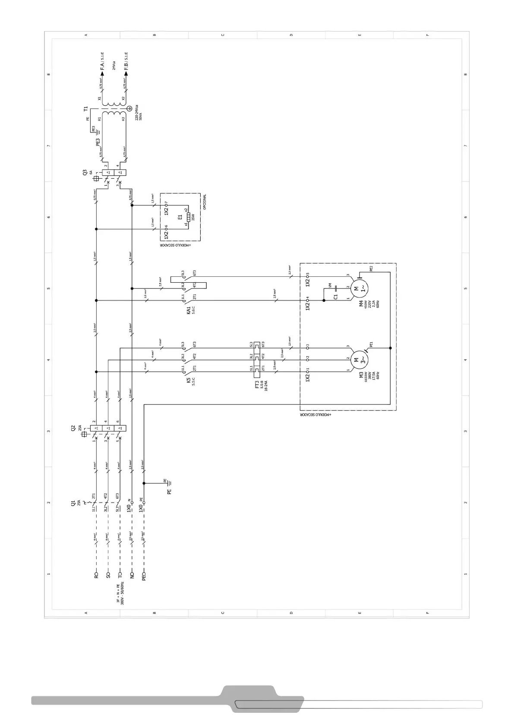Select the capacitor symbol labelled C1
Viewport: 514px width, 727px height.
336,287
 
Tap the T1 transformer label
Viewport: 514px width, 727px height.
85,109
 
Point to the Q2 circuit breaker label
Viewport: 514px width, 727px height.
73,428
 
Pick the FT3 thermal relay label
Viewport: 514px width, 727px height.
257,384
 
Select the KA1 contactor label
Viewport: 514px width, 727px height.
189,310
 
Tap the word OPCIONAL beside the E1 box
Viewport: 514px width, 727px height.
205,202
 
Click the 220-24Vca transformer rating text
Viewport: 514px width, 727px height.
136,112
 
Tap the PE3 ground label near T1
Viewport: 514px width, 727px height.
98,141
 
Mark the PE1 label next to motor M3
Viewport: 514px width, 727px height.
371,345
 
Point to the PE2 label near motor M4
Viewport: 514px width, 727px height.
371,269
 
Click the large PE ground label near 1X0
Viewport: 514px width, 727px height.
170,491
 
